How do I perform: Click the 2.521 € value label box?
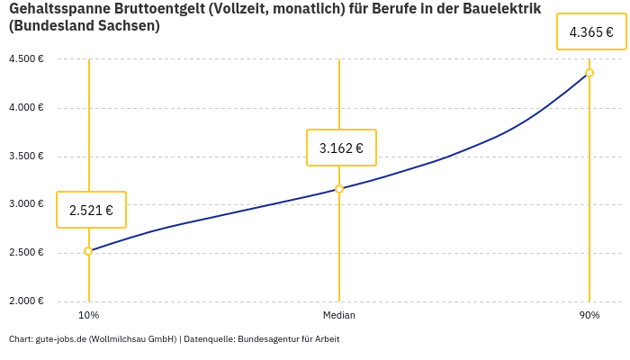tap(91, 210)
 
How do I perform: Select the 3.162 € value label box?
tap(341, 148)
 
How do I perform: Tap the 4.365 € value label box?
tap(591, 32)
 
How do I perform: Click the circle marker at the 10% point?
tap(88, 251)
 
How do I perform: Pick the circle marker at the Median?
tap(339, 189)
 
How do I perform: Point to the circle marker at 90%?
tap(589, 73)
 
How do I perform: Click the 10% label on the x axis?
tap(88, 315)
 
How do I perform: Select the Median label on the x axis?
tap(339, 315)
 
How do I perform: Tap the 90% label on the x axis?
tap(589, 315)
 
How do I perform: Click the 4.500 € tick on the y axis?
tap(26, 59)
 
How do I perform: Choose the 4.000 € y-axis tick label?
tap(26, 108)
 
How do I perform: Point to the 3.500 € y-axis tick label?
tap(26, 156)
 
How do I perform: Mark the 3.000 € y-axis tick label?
tap(26, 204)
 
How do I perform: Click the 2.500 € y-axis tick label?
tap(26, 252)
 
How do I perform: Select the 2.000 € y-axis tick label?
tap(26, 301)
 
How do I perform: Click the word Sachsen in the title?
tap(127, 26)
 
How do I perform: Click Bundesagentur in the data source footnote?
tap(266, 339)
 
